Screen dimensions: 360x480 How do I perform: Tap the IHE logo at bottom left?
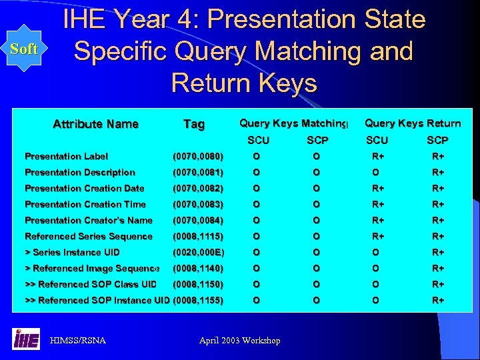pos(26,339)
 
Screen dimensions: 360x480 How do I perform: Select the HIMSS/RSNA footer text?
pos(78,341)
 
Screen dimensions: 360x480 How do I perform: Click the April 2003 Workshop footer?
pos(240,341)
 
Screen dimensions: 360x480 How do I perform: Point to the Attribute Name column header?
pos(95,124)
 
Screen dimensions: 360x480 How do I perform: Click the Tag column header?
pos(194,124)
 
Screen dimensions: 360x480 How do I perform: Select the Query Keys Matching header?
pos(293,123)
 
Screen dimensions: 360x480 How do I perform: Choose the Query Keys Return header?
pos(413,123)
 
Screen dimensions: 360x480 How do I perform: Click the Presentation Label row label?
pos(66,157)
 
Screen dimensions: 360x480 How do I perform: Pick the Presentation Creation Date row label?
pos(84,189)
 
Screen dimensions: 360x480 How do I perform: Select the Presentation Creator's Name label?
pos(88,221)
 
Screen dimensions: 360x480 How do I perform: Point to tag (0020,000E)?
pos(198,253)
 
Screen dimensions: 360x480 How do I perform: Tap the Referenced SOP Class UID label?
pos(91,285)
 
